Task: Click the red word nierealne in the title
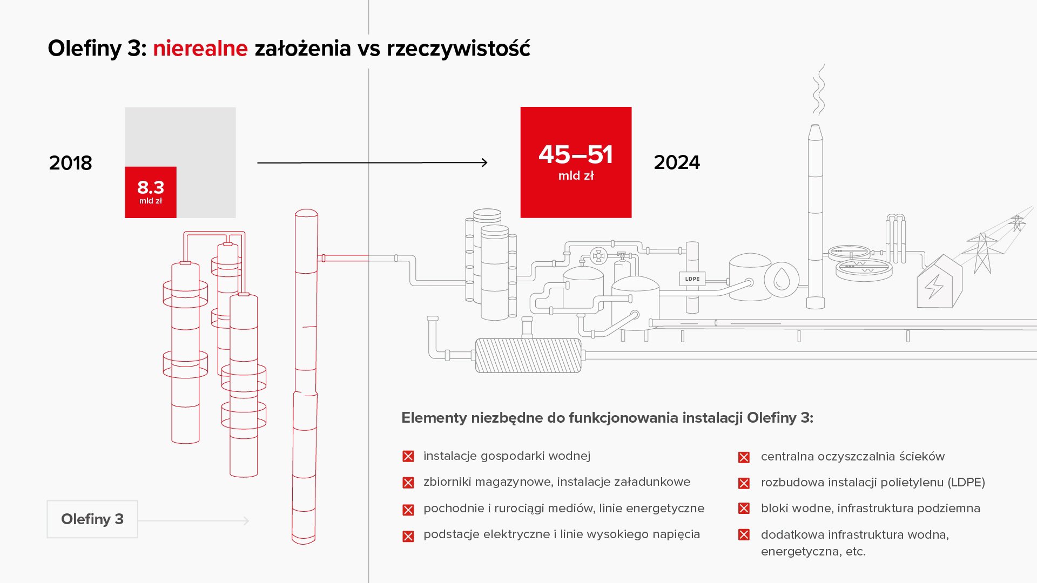pyautogui.click(x=200, y=49)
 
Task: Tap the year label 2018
pyautogui.click(x=70, y=163)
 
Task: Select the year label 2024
pyautogui.click(x=677, y=162)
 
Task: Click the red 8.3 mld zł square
pyautogui.click(x=151, y=192)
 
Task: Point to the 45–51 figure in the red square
pyautogui.click(x=576, y=155)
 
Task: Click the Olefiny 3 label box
pyautogui.click(x=92, y=519)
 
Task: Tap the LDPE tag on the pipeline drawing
pyautogui.click(x=692, y=279)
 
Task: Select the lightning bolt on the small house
pyautogui.click(x=934, y=287)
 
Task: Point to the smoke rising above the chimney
pyautogui.click(x=819, y=90)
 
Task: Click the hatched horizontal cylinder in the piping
pyautogui.click(x=528, y=355)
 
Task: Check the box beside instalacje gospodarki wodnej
pyautogui.click(x=408, y=457)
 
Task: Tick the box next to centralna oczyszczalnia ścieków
pyautogui.click(x=744, y=457)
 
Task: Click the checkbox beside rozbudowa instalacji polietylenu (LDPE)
pyautogui.click(x=744, y=483)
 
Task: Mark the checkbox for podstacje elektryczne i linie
pyautogui.click(x=408, y=536)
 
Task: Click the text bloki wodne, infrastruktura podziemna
pyautogui.click(x=870, y=509)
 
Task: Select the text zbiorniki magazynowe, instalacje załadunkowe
pyautogui.click(x=557, y=482)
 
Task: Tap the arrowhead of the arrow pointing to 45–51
pyautogui.click(x=484, y=162)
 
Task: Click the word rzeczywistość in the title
pyautogui.click(x=459, y=49)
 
